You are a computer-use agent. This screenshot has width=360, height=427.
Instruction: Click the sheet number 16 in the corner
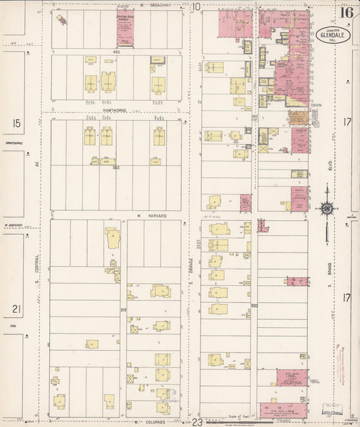[346, 12]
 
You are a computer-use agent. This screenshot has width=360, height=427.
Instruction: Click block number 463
[116, 52]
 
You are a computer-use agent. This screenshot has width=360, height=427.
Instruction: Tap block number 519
[124, 309]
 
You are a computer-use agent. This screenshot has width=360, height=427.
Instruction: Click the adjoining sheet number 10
[197, 7]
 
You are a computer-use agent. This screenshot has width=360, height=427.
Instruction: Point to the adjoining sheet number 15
[16, 123]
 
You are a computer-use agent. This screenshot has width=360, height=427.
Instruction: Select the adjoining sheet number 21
[16, 309]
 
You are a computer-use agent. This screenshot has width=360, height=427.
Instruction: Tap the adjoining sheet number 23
[197, 422]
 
